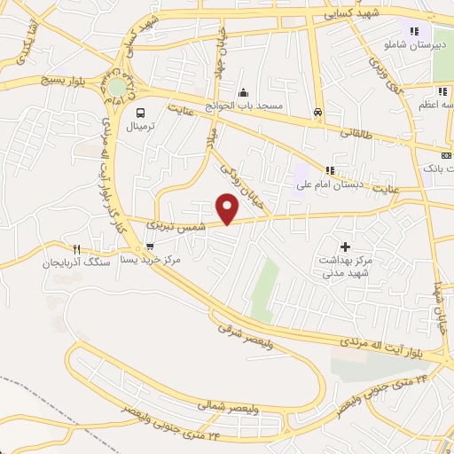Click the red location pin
pyautogui.click(x=229, y=209)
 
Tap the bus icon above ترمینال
pyautogui.click(x=140, y=112)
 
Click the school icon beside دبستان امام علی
pyautogui.click(x=331, y=170)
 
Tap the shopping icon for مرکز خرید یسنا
pyautogui.click(x=149, y=247)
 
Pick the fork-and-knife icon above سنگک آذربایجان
pyautogui.click(x=77, y=249)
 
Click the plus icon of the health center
pyautogui.click(x=345, y=246)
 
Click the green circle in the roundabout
pyautogui.click(x=117, y=87)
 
